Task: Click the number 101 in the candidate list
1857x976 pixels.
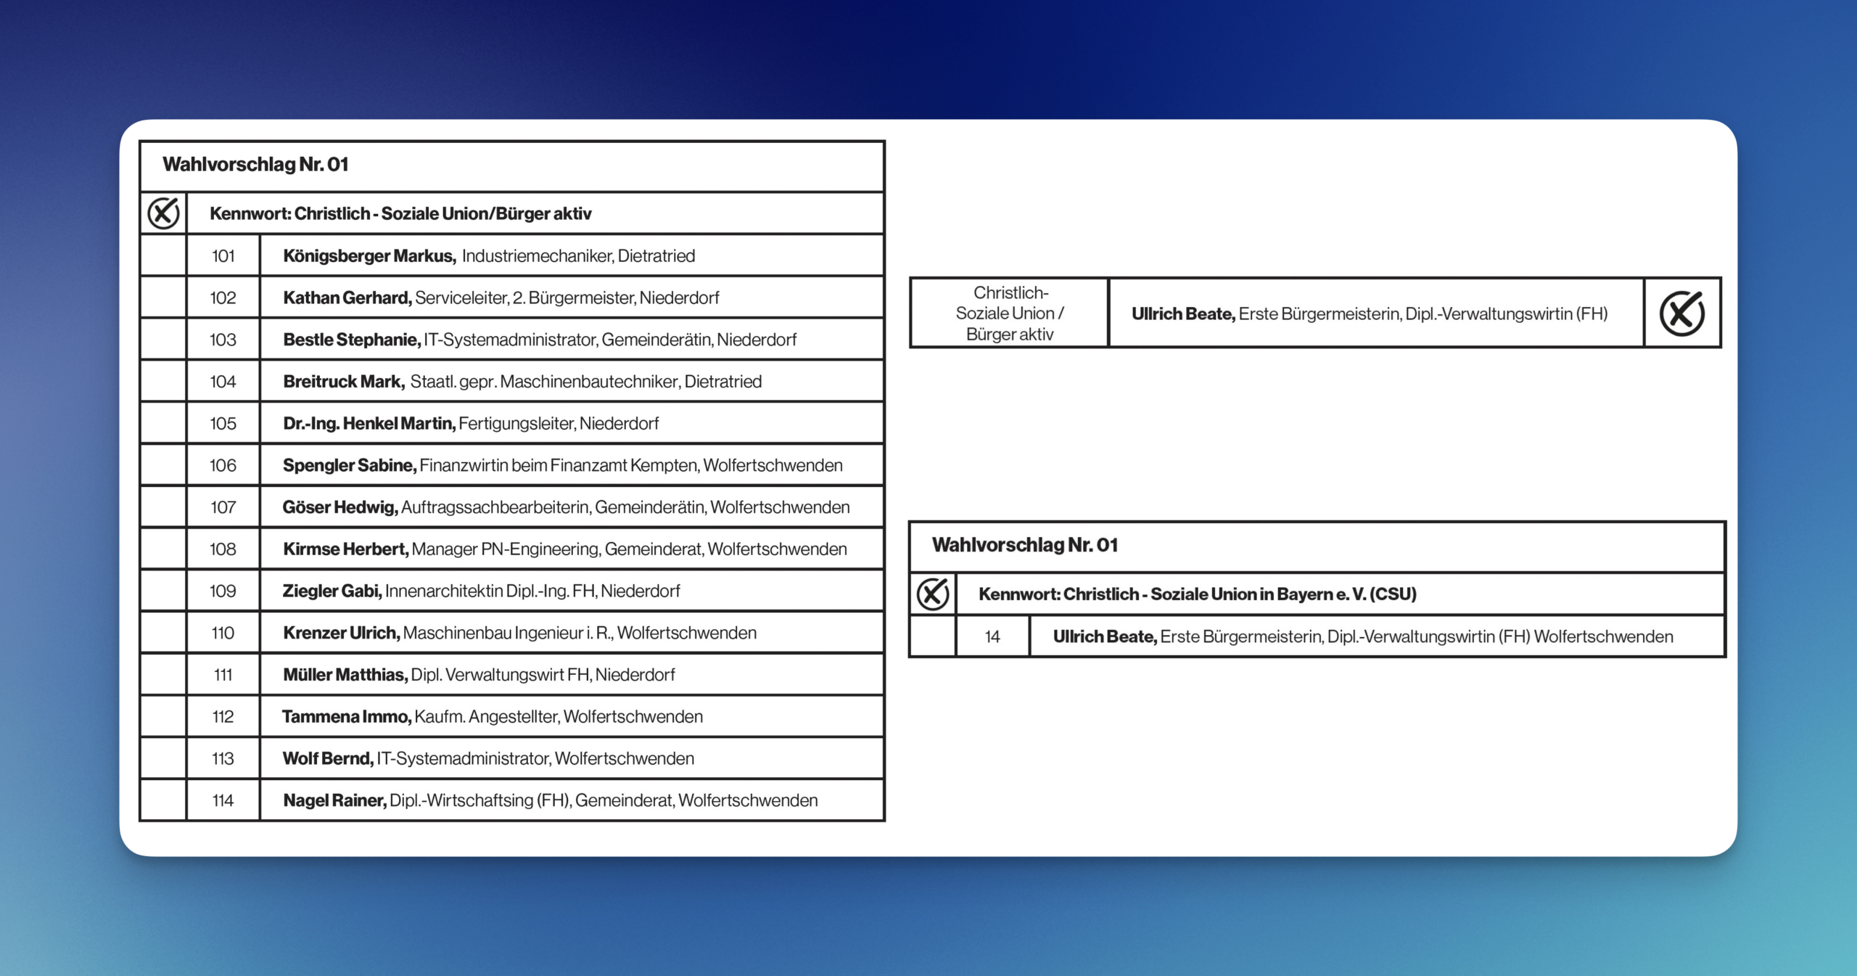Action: (x=223, y=256)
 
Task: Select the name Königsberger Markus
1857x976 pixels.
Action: (x=368, y=256)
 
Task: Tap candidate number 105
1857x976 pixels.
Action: (x=223, y=424)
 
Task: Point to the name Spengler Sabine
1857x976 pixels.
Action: (x=349, y=466)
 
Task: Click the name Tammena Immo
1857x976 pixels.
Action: (x=346, y=717)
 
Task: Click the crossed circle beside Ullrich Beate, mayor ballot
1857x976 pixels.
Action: (x=1681, y=313)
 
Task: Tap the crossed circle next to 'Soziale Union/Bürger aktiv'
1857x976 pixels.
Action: (x=163, y=213)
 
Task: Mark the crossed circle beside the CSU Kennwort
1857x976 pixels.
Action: (x=933, y=594)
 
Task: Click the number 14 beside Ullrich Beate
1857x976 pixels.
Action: (x=992, y=637)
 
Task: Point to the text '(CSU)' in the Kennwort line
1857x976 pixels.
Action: (x=1393, y=594)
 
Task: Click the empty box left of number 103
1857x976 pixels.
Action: (x=163, y=340)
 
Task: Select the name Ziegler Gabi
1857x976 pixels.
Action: (x=332, y=591)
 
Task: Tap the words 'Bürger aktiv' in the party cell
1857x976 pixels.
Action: (x=1009, y=335)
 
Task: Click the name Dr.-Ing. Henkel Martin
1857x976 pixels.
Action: (x=368, y=424)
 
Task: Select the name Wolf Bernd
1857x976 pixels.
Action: (x=327, y=759)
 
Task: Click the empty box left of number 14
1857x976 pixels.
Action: (x=933, y=637)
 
